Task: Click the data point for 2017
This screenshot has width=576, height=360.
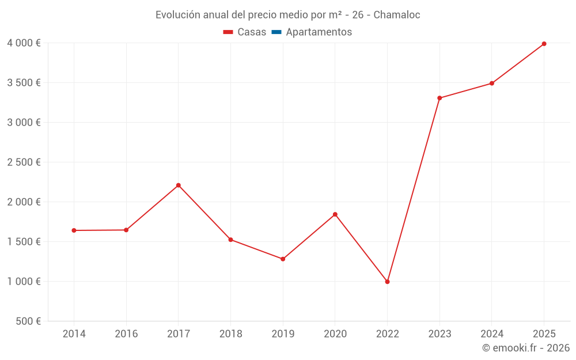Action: point(179,185)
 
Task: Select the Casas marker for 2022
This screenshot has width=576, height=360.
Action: point(387,282)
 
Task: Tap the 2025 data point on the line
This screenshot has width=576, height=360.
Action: point(544,44)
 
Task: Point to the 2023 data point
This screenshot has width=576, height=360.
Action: point(439,98)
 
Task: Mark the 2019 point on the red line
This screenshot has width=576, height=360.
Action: point(283,259)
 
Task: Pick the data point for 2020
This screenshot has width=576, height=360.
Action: point(335,214)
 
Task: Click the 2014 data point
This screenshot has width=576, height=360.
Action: point(74,230)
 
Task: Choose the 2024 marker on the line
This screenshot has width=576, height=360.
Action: point(492,84)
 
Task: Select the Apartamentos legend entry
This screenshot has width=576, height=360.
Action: point(319,32)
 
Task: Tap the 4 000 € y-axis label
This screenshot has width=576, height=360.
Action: point(24,43)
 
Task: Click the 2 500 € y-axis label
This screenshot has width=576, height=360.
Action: point(24,162)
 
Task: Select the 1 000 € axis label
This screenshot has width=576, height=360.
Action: point(24,282)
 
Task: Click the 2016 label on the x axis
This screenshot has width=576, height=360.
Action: point(126,334)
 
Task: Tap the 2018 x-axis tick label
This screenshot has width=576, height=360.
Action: point(230,334)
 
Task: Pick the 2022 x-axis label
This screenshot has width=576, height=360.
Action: point(387,334)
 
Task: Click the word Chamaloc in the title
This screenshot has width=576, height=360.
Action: point(397,15)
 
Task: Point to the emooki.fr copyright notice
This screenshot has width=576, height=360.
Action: point(526,348)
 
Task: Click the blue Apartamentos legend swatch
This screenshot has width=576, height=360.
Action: point(276,32)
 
